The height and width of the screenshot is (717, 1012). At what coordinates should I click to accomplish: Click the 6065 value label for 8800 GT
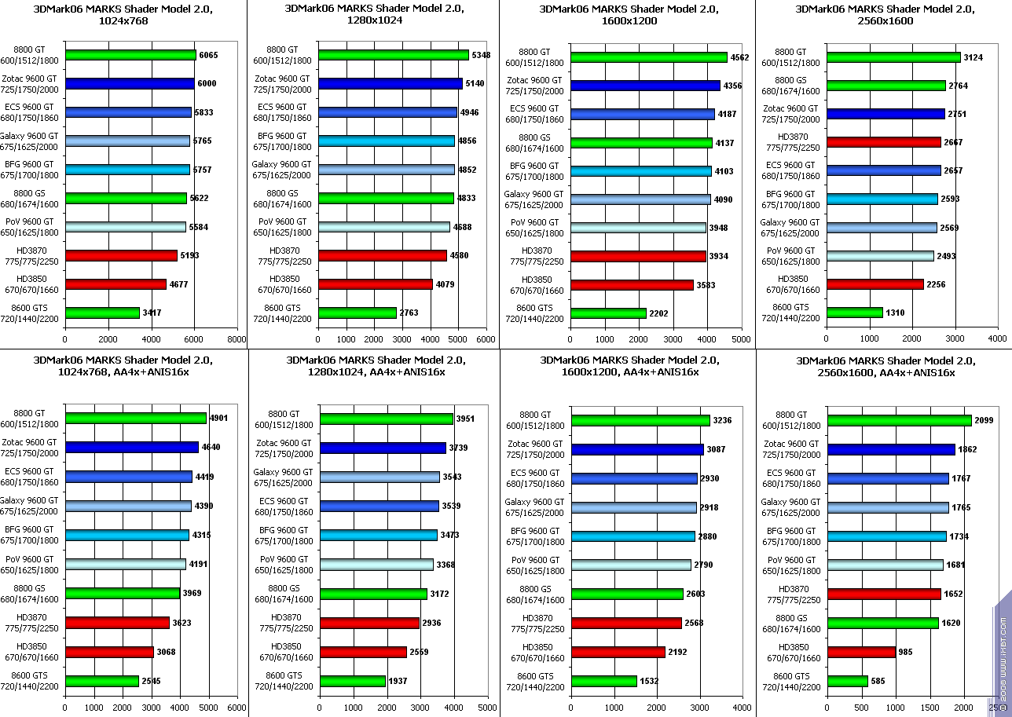click(209, 55)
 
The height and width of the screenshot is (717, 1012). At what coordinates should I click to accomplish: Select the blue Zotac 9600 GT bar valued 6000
click(130, 83)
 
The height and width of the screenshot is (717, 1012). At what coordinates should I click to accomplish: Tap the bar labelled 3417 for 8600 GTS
click(103, 313)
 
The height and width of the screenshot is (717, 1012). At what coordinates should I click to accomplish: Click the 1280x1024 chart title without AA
click(375, 15)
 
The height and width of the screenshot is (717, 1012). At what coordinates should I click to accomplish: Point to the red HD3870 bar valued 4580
click(383, 255)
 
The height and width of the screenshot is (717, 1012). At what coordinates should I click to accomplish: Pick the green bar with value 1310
click(855, 313)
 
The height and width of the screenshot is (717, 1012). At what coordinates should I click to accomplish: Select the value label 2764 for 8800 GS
click(959, 86)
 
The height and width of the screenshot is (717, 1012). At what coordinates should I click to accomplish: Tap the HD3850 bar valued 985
click(862, 652)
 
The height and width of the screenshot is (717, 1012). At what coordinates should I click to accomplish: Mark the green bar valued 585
click(848, 681)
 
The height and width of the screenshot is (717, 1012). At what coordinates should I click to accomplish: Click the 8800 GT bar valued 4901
click(136, 419)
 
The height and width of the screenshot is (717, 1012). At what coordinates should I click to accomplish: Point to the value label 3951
click(467, 419)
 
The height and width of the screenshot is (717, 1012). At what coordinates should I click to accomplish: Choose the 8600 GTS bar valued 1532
click(604, 681)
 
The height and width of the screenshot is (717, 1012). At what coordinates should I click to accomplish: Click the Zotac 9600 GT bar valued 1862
click(891, 449)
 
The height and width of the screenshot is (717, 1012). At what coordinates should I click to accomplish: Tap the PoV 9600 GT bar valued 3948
click(639, 228)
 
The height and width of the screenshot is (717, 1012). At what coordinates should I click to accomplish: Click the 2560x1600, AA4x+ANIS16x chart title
click(885, 366)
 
